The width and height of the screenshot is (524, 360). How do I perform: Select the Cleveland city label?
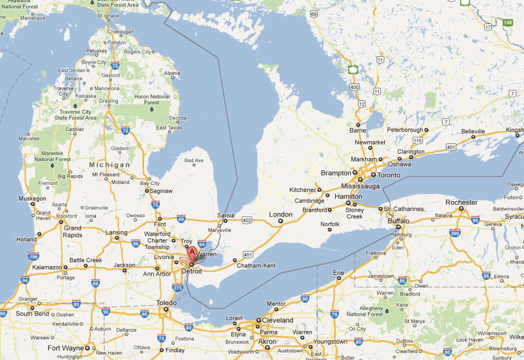pos(277,320)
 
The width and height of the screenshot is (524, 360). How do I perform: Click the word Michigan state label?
pos(110,165)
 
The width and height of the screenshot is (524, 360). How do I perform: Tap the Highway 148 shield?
pos(508,22)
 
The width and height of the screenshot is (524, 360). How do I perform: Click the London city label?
pos(281,214)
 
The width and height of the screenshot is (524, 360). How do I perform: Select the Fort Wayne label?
pos(65,347)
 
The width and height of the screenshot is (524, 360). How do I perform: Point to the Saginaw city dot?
pos(147,191)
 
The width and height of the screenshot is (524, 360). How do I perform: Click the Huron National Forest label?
pos(152,99)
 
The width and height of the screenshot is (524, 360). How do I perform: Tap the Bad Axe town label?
pos(194,160)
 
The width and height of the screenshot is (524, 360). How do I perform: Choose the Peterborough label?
pos(405,130)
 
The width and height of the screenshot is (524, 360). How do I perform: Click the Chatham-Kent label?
pos(256,266)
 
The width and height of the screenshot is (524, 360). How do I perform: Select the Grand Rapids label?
pos(73,231)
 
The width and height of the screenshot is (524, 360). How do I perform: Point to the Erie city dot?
pos(338,278)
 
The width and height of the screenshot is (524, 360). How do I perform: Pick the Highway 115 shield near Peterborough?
pos(418,141)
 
